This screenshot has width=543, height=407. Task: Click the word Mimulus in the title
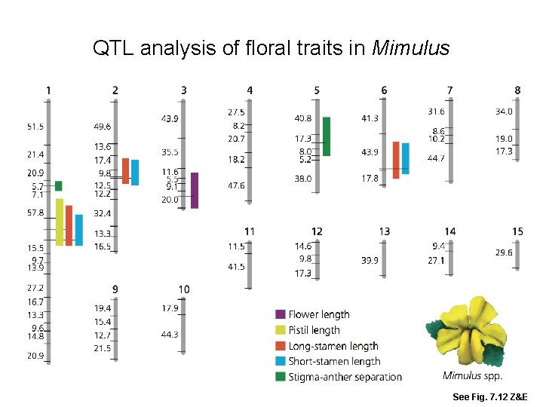pyautogui.click(x=411, y=50)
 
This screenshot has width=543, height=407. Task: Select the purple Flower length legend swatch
pyautogui.click(x=281, y=314)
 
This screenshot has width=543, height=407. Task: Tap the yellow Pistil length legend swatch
pyautogui.click(x=281, y=330)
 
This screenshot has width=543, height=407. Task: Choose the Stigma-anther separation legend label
pyautogui.click(x=345, y=377)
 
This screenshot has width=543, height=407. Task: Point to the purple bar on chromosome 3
pyautogui.click(x=195, y=190)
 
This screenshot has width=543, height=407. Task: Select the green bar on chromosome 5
pyautogui.click(x=327, y=136)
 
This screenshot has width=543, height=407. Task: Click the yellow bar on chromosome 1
pyautogui.click(x=60, y=222)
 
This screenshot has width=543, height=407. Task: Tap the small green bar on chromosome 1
pyautogui.click(x=59, y=185)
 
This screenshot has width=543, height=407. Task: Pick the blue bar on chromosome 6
pyautogui.click(x=405, y=158)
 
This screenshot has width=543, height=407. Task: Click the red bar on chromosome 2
pyautogui.click(x=126, y=171)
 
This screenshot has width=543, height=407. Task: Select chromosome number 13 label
pyautogui.click(x=385, y=231)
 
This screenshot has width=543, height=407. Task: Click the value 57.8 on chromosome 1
pyautogui.click(x=35, y=213)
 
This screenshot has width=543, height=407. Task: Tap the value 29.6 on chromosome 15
pyautogui.click(x=503, y=252)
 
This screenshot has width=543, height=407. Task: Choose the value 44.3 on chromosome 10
pyautogui.click(x=169, y=335)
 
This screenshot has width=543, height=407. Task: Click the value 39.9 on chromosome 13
pyautogui.click(x=370, y=260)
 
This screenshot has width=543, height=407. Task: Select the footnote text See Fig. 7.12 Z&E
pyautogui.click(x=490, y=396)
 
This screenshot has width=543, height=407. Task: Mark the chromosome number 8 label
pyautogui.click(x=517, y=90)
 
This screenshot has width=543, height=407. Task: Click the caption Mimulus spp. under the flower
pyautogui.click(x=472, y=376)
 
